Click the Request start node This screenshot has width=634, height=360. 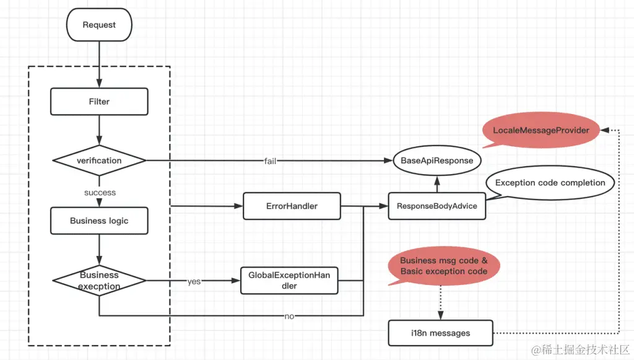click(x=99, y=25)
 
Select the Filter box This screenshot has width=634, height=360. click(x=99, y=102)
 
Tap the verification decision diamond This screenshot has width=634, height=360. click(x=99, y=160)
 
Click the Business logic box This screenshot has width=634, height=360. click(x=99, y=221)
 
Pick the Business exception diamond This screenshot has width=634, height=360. click(x=99, y=281)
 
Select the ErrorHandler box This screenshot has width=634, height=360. click(x=292, y=206)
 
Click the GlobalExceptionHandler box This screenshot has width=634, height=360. click(x=289, y=280)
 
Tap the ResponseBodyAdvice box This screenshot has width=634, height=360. click(x=437, y=206)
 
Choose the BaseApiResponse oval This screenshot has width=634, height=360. click(x=437, y=160)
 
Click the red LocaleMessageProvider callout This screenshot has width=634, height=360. click(x=541, y=130)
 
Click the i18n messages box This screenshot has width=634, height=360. click(x=440, y=333)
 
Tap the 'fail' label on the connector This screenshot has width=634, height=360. click(x=270, y=161)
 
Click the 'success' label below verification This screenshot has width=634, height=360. click(x=100, y=193)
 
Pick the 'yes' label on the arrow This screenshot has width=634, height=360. click(x=193, y=281)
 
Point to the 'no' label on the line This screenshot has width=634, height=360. click(x=289, y=316)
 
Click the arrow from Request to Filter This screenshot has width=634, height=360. click(x=99, y=62)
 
